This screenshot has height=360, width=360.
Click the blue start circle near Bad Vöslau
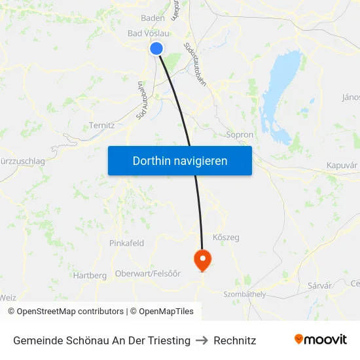(x=156, y=48)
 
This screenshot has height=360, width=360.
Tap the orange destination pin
(x=202, y=260)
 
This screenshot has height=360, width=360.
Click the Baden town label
(x=153, y=18)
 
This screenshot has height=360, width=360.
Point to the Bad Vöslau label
(x=147, y=33)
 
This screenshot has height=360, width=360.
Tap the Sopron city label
(x=239, y=135)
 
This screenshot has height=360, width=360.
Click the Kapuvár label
(x=342, y=166)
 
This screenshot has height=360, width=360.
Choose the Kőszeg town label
(x=226, y=238)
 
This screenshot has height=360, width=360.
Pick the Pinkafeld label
(x=126, y=243)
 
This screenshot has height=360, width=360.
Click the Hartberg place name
(x=90, y=276)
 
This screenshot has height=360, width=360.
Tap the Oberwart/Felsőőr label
(x=147, y=274)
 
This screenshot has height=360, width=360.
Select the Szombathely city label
(x=245, y=295)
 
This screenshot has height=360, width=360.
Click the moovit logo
(x=321, y=339)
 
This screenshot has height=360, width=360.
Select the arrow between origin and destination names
(x=202, y=340)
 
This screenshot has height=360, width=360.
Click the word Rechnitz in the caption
(x=235, y=340)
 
